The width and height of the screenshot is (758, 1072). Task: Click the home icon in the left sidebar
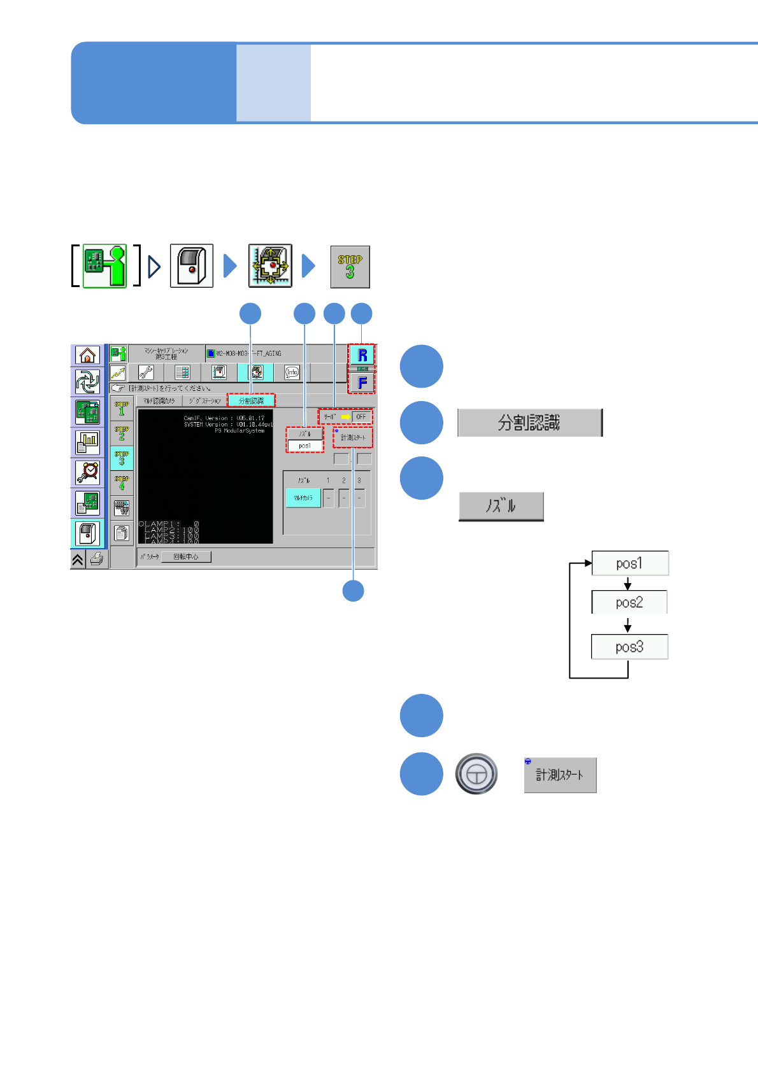(x=87, y=355)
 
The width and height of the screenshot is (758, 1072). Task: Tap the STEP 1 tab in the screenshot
(x=122, y=408)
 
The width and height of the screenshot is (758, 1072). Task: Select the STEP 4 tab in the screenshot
(x=122, y=483)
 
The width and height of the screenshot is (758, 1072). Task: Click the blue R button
(x=362, y=355)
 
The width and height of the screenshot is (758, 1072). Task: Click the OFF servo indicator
(x=361, y=417)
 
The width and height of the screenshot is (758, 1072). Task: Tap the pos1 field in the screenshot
(x=305, y=446)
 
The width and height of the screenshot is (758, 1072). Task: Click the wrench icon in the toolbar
(x=146, y=372)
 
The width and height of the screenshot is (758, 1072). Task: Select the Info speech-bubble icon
(x=292, y=372)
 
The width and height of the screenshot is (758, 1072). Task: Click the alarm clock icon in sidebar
(x=87, y=472)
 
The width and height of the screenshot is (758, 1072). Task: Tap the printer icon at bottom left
(x=97, y=559)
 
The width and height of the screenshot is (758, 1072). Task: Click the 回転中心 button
(x=186, y=557)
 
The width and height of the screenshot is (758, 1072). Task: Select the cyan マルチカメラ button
(x=303, y=498)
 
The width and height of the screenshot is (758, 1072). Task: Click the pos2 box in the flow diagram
(x=629, y=602)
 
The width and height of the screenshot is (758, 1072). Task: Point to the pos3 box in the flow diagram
(x=629, y=647)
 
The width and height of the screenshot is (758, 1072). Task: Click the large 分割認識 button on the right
(x=529, y=423)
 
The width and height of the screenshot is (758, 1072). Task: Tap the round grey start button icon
(x=476, y=774)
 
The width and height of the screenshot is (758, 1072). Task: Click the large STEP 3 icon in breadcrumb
(x=350, y=267)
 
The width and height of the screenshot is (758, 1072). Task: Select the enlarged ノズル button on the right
(x=501, y=507)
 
